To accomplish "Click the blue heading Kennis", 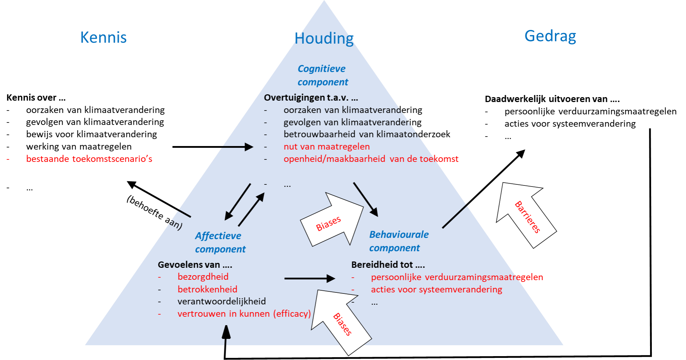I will click(104, 37).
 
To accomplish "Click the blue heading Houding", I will click(324, 38).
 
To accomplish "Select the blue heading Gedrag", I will click(550, 36).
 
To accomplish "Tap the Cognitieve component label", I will click(323, 75).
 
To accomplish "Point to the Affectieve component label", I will click(220, 242).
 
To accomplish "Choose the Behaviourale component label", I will click(399, 241).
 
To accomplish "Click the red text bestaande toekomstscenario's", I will click(89, 159).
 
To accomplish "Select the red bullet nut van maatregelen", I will click(326, 146).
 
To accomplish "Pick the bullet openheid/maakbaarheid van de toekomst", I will click(371, 159).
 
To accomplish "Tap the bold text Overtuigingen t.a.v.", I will click(311, 97).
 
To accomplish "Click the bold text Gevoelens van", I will click(195, 265).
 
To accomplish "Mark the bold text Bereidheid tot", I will click(388, 265).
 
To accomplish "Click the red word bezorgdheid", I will click(203, 277).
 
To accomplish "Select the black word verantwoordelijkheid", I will click(222, 301).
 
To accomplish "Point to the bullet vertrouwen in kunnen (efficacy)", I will click(244, 314).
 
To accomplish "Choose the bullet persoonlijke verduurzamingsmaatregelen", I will click(457, 277).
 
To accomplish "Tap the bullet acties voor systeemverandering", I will click(436, 289).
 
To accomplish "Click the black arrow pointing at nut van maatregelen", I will click(238, 147).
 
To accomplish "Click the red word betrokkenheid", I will click(207, 289).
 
